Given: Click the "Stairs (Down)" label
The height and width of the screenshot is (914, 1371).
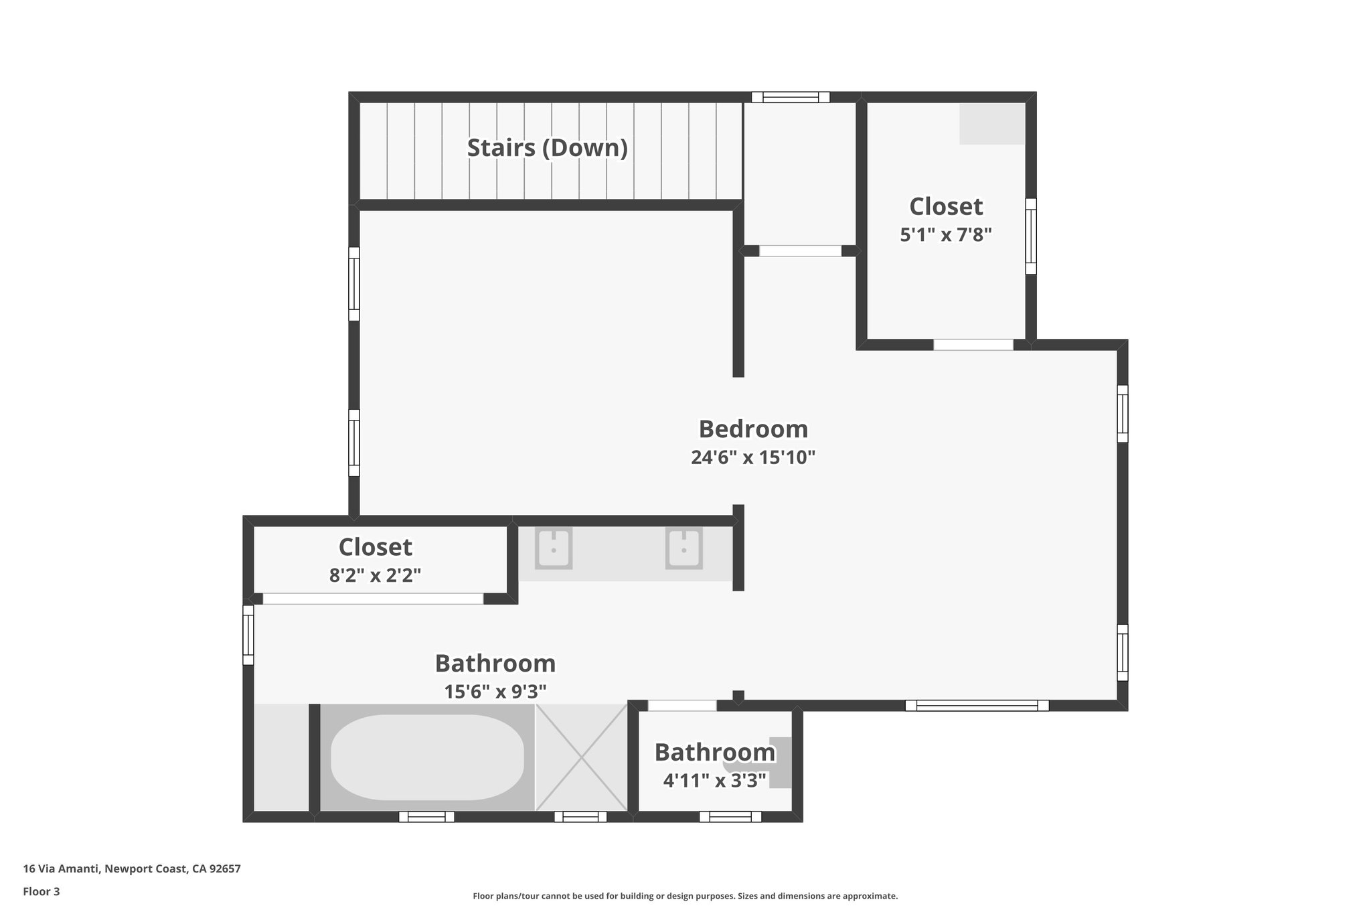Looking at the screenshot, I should [x=547, y=148].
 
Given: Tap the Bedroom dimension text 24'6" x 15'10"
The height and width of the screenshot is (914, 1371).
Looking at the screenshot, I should [x=753, y=457].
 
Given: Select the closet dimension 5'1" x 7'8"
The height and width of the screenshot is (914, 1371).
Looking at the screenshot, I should [x=945, y=234].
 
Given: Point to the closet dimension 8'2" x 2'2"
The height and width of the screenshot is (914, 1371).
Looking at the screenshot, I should [x=375, y=575].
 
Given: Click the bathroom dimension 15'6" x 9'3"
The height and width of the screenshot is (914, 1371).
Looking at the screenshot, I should [x=495, y=691].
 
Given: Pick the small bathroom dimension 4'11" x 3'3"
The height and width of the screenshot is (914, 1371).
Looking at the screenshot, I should [x=714, y=780].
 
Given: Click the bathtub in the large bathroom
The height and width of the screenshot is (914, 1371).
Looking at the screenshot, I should [x=427, y=757].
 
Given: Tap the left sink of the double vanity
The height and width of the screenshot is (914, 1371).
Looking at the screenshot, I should [x=554, y=549].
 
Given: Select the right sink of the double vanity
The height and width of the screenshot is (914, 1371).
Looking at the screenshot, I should [x=683, y=549].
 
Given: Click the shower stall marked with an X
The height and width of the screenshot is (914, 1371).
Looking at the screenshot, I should [x=581, y=757].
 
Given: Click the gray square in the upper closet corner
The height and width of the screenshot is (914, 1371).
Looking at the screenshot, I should [x=991, y=124].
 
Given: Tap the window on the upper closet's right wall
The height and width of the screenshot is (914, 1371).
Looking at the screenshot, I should [x=1031, y=236].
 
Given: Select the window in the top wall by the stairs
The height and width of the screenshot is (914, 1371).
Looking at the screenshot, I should [x=790, y=97].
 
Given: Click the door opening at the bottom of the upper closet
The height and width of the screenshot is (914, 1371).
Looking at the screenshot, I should [x=973, y=345].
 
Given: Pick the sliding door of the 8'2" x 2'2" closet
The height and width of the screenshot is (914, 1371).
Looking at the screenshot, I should [x=373, y=599].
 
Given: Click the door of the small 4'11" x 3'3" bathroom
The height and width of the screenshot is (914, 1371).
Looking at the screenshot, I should [x=682, y=705].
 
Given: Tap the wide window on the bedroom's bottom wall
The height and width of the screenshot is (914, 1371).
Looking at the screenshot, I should [x=977, y=705].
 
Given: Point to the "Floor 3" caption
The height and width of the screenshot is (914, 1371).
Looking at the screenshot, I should [x=42, y=891].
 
